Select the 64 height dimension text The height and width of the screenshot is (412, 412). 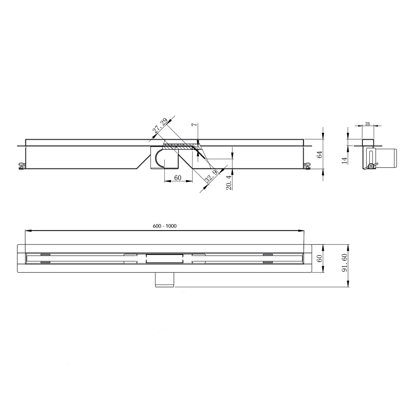click(320, 154)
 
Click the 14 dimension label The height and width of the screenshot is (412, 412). click(344, 160)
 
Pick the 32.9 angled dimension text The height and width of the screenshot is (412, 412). click(212, 176)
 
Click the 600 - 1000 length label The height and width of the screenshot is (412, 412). click(165, 226)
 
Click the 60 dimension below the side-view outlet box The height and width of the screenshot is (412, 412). click(178, 178)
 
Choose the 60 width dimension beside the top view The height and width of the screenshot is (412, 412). click(320, 258)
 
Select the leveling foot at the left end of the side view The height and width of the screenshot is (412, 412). click(21, 166)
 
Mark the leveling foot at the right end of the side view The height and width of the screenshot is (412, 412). click(307, 166)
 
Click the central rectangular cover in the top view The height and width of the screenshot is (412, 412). click(165, 258)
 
